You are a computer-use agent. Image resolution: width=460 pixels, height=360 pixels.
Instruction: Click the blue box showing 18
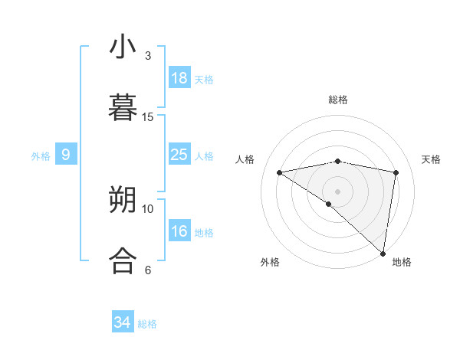click(x=179, y=78)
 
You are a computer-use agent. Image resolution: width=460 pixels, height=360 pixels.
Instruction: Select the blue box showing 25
click(x=179, y=155)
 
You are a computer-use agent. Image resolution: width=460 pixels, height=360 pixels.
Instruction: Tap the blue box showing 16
click(x=179, y=231)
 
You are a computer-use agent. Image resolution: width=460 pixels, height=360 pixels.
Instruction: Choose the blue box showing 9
click(x=66, y=155)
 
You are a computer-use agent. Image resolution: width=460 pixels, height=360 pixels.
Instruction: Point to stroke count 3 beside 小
click(x=148, y=56)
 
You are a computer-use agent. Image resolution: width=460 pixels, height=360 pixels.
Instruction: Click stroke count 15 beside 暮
click(x=148, y=116)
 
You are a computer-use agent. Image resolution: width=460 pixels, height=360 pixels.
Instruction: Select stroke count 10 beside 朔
click(x=148, y=208)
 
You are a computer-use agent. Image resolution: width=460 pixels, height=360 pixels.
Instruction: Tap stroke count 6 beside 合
click(x=148, y=270)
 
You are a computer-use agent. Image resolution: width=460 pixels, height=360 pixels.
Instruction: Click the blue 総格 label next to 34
click(x=147, y=324)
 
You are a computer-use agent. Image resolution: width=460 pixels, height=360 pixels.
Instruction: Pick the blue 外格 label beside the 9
click(x=41, y=156)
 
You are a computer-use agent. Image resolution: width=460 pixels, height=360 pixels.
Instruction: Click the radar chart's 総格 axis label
click(x=337, y=100)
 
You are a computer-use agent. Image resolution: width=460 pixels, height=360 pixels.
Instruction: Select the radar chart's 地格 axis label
click(x=402, y=262)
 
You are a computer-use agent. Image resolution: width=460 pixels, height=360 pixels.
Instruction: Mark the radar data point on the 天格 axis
click(x=396, y=172)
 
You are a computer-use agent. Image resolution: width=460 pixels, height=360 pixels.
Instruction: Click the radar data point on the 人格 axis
click(x=280, y=172)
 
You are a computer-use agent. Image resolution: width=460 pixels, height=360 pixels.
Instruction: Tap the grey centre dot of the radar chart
click(x=337, y=191)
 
